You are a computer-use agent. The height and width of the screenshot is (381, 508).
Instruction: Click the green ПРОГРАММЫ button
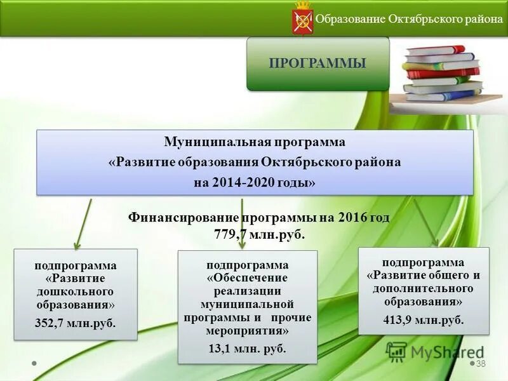pyautogui.click(x=317, y=63)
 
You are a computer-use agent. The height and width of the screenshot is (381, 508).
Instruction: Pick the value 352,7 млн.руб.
pyautogui.click(x=75, y=323)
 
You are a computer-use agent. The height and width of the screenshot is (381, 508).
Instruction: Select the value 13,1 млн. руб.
pyautogui.click(x=247, y=349)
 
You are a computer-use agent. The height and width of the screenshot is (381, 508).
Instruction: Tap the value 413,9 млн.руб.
pyautogui.click(x=424, y=320)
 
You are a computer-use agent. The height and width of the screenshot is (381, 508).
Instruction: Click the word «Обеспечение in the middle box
pyautogui.click(x=247, y=277)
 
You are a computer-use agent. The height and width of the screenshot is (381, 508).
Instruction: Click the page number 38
pyautogui.click(x=481, y=363)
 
